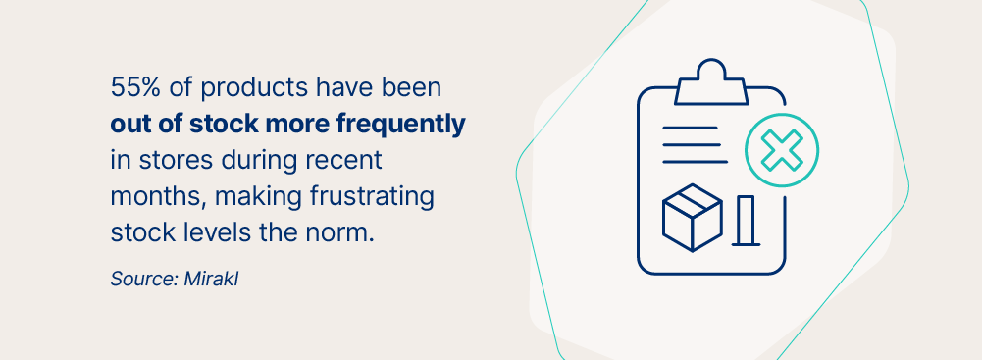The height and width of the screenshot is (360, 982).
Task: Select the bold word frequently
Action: (401, 125)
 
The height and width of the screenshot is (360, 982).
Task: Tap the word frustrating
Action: (372, 197)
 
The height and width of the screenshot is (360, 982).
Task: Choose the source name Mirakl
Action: (211, 279)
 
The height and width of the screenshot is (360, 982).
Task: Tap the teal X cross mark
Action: (782, 150)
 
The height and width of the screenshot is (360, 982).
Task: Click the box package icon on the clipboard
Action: (692, 217)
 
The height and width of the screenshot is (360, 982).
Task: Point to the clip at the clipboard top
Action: (711, 82)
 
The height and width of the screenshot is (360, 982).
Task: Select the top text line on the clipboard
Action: (690, 128)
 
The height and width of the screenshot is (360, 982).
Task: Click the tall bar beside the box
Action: (746, 221)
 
